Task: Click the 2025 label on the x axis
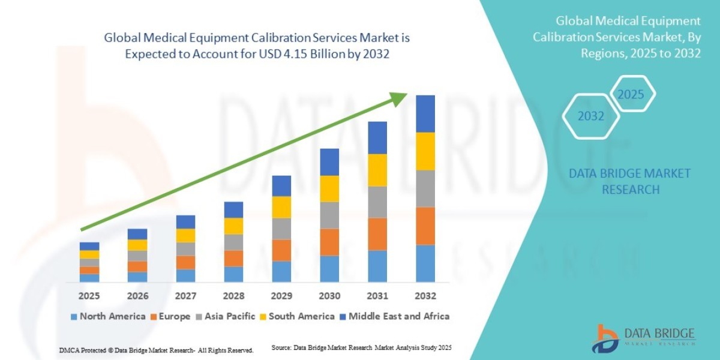coord(89,296)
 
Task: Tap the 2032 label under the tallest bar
coord(425,296)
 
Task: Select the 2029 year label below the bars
coord(281,296)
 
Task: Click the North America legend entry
coord(108,316)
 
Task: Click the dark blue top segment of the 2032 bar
coord(425,113)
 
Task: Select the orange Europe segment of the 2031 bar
coord(377,233)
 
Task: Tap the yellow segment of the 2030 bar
coord(329,188)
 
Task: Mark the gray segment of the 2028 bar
coord(233,242)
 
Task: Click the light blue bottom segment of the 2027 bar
coord(185,275)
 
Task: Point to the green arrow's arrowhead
coord(400,98)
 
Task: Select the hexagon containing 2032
coord(591,116)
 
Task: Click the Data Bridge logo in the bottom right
coord(646,337)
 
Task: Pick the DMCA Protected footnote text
coord(156,349)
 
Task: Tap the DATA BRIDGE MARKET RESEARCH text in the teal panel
coord(630,181)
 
